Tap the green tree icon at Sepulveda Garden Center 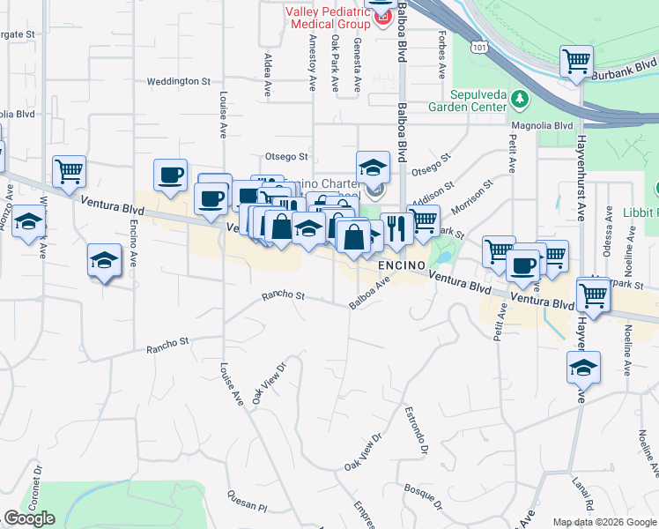[x=520, y=97]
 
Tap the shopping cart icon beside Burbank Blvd [x=577, y=63]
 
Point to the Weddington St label [x=179, y=81]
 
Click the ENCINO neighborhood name [x=403, y=265]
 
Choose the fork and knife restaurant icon [x=397, y=227]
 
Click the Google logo [x=29, y=519]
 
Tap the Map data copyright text [x=604, y=522]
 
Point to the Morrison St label [x=470, y=197]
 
